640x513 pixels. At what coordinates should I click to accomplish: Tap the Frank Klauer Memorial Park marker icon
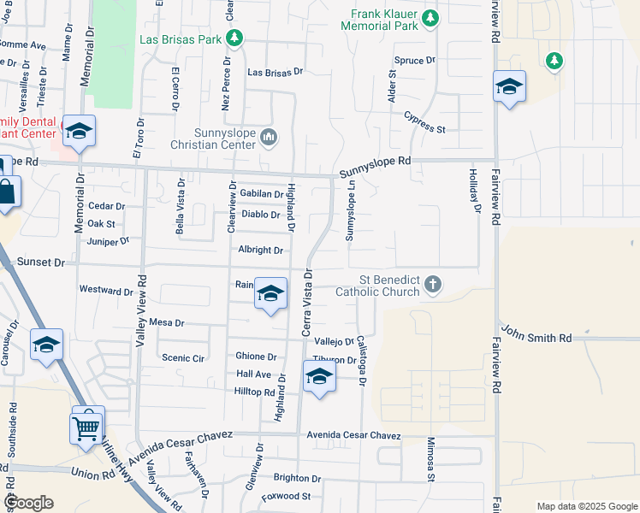[431, 17]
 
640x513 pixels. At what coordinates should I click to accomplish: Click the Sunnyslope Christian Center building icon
[269, 136]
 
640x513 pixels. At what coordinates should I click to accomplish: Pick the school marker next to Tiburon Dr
[318, 376]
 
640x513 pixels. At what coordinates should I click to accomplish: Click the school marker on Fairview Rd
[509, 87]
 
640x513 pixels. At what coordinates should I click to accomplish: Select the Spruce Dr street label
[415, 61]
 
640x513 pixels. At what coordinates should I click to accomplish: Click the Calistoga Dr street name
[361, 358]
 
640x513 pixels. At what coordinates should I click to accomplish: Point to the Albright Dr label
[261, 251]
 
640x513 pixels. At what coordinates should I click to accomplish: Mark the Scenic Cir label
[183, 358]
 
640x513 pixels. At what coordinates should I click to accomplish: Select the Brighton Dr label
[297, 479]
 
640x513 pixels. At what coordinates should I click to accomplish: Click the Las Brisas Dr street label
[276, 73]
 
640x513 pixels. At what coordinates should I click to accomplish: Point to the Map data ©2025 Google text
[586, 506]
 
